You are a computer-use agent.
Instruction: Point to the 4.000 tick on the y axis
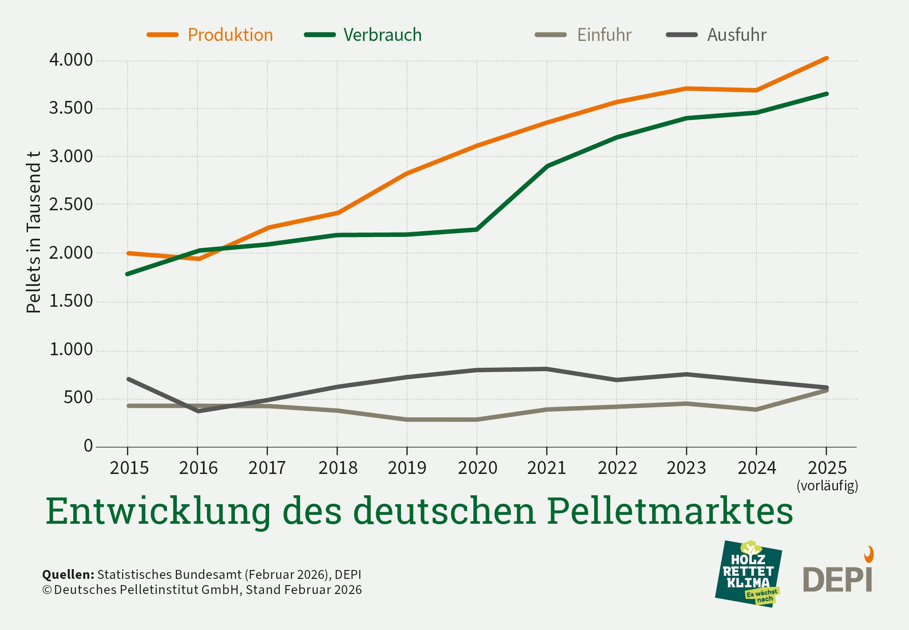point(71,60)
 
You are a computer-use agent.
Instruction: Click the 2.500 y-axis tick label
point(71,205)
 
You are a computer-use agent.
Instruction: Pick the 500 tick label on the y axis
point(78,397)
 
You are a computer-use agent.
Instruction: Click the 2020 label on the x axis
point(477,468)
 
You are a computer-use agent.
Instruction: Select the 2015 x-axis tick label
point(129,468)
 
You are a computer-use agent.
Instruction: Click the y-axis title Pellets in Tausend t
point(34,232)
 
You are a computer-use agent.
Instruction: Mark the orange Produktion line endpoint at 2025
point(826,58)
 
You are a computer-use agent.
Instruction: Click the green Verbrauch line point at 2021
point(547,166)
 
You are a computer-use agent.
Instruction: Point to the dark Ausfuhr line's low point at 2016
point(198,411)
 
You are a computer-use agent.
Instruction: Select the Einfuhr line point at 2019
point(407,419)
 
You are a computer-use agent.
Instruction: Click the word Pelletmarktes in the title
point(670,511)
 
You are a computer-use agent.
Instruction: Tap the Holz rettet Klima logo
point(749,574)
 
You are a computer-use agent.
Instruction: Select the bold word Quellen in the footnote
point(68,574)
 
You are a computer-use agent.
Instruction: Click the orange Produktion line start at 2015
point(128,253)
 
